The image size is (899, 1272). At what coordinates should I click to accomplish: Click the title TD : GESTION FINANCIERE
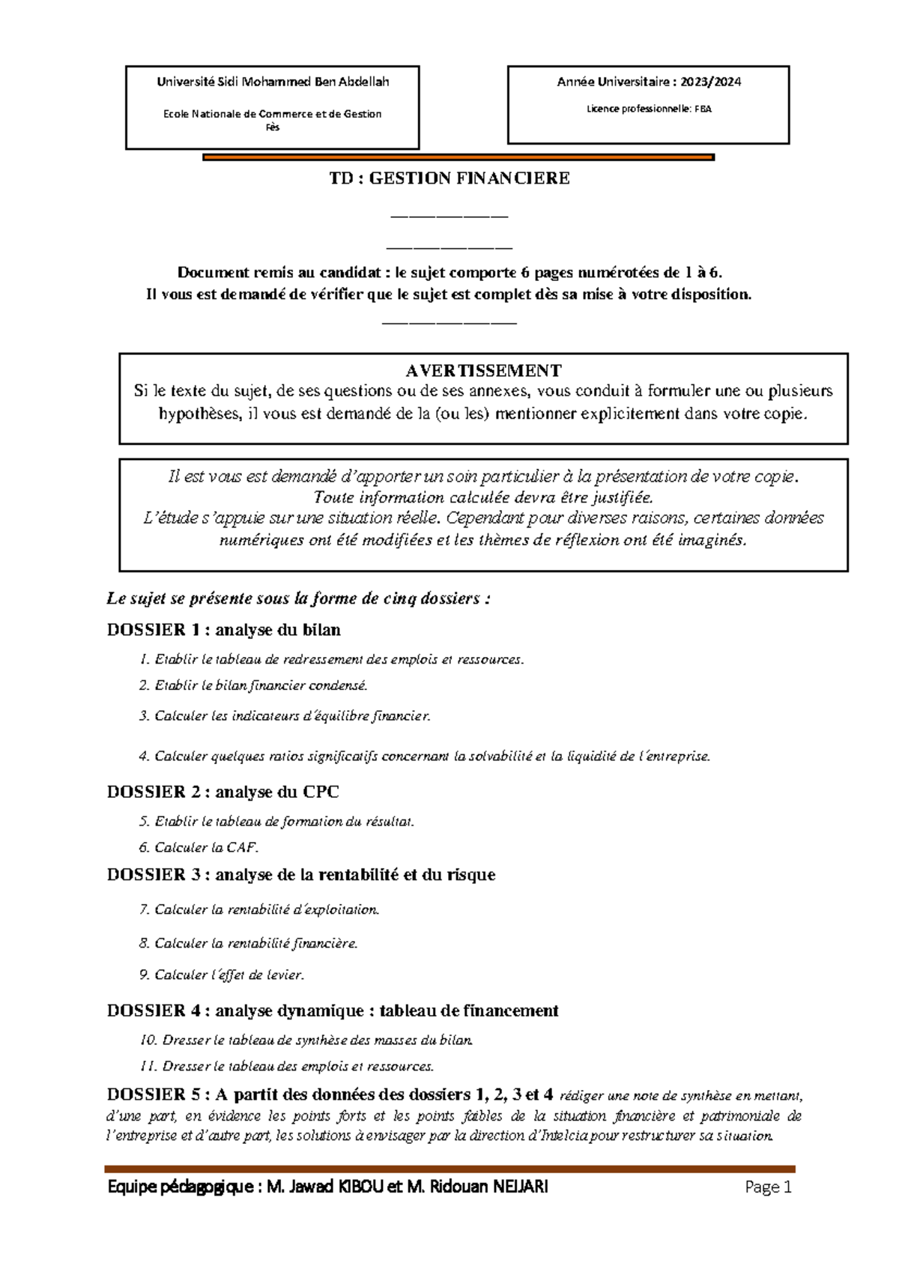[x=449, y=178]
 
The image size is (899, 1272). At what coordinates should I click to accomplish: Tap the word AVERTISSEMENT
[x=483, y=371]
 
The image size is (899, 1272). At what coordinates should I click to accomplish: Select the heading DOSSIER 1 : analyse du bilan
[x=223, y=630]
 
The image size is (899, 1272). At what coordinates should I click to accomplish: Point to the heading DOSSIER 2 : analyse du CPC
[x=223, y=792]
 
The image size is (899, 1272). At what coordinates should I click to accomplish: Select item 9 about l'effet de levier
[x=222, y=975]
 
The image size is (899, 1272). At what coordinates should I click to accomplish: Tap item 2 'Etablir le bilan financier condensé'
[x=253, y=685]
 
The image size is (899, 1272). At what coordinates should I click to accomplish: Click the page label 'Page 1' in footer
[x=768, y=1187]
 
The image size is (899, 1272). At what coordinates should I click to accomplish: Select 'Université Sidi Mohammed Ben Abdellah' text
[x=273, y=82]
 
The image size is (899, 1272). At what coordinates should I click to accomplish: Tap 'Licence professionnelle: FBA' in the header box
[x=648, y=109]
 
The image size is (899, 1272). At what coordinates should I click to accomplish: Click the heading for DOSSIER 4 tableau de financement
[x=333, y=1011]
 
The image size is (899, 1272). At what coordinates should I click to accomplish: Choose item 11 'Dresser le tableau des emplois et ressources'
[x=288, y=1066]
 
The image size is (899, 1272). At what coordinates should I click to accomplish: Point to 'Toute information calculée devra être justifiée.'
[x=483, y=497]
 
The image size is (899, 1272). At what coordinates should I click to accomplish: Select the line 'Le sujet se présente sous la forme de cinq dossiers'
[x=298, y=599]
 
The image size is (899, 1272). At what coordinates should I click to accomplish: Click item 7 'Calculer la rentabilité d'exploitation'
[x=259, y=909]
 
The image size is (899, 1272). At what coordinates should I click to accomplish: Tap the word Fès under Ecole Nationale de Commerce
[x=273, y=127]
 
